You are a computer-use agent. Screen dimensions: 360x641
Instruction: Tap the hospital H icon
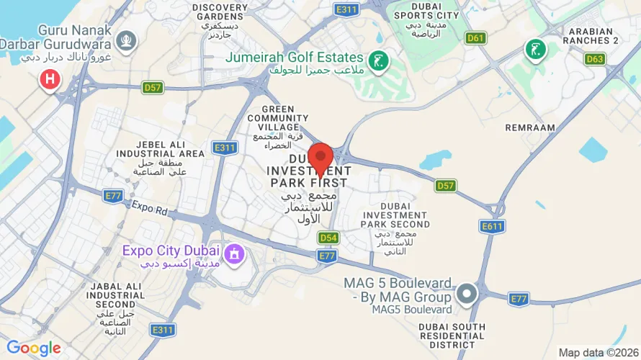[49, 79]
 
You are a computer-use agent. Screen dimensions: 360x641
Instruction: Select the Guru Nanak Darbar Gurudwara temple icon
[127, 40]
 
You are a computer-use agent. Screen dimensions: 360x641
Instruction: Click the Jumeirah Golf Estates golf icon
[377, 62]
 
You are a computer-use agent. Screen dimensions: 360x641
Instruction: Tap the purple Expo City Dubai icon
[234, 254]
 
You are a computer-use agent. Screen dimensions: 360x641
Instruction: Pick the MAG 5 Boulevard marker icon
[467, 294]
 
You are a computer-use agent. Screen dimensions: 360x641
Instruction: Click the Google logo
[33, 348]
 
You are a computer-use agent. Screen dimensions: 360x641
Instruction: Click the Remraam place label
[530, 127]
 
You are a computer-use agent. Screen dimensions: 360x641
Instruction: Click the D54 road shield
[328, 238]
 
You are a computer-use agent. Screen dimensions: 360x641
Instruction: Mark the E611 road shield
[493, 227]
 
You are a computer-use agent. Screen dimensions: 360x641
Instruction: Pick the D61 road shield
[475, 37]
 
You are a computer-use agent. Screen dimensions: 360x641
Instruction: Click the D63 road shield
[595, 59]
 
